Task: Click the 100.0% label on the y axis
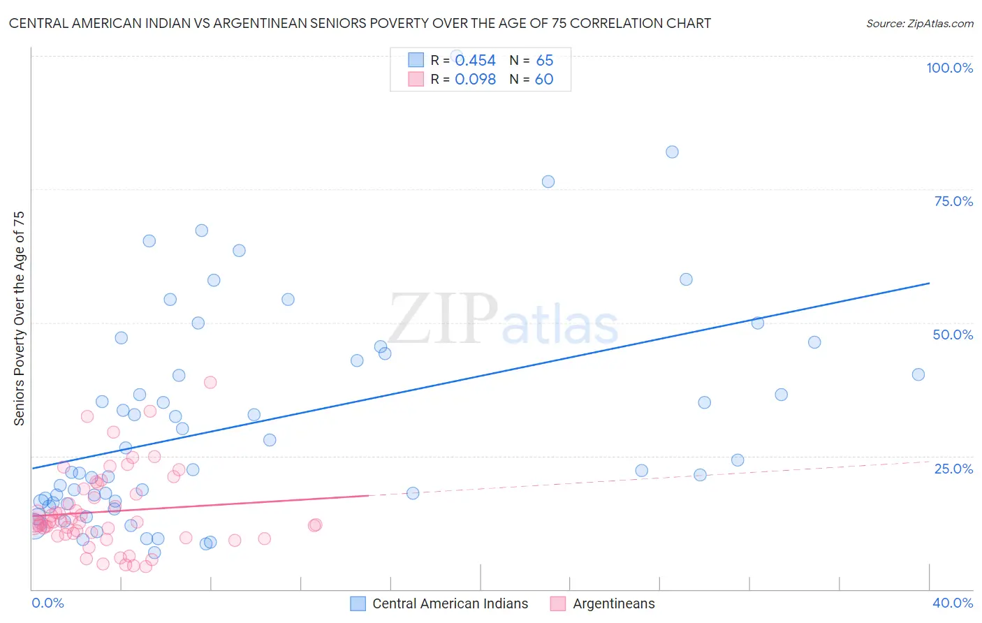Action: tap(949, 68)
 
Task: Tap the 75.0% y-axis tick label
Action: tap(953, 201)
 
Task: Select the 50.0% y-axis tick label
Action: tap(953, 335)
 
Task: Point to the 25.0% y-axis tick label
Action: tap(953, 469)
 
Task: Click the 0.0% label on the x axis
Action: tap(47, 603)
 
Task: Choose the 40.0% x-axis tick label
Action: tap(953, 603)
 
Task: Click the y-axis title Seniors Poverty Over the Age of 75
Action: tap(19, 318)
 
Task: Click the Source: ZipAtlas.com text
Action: tap(919, 23)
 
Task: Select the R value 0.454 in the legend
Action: tap(475, 61)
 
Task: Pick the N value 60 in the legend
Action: tap(544, 80)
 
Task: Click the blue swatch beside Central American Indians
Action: tap(358, 603)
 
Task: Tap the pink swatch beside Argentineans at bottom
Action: tap(557, 603)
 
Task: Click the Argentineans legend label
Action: tap(614, 603)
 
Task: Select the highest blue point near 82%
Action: tap(672, 152)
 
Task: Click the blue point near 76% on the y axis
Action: tap(548, 182)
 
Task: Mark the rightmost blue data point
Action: tap(918, 374)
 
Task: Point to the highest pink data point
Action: tap(210, 382)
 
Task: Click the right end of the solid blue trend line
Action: tap(930, 283)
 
